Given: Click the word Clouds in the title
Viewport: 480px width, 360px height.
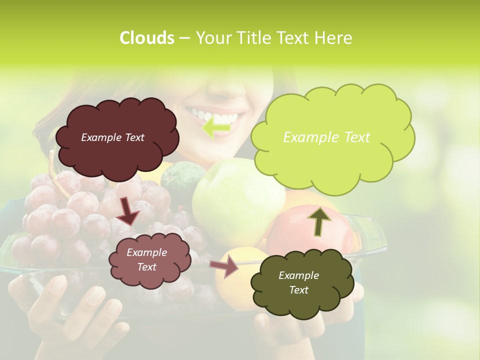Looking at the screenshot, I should pyautogui.click(x=146, y=38).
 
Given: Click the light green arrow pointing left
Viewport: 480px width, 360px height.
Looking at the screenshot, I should pyautogui.click(x=216, y=128).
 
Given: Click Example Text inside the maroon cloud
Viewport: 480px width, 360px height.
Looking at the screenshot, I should pyautogui.click(x=112, y=137).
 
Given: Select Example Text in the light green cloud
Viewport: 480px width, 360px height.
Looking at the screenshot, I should pyautogui.click(x=326, y=137).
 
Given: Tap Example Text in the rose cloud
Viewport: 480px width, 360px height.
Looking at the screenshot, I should pyautogui.click(x=146, y=260).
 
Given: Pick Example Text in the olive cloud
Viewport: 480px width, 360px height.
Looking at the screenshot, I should pyautogui.click(x=298, y=282).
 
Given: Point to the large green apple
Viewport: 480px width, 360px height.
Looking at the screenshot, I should pyautogui.click(x=235, y=200).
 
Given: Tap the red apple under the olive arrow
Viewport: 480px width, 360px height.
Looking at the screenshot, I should pyautogui.click(x=300, y=235).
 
